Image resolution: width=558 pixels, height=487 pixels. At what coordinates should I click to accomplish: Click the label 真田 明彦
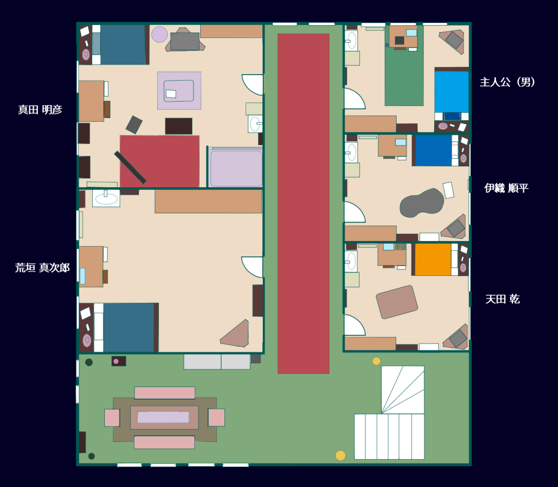click(40, 110)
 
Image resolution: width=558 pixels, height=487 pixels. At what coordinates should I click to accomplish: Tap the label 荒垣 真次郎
click(42, 268)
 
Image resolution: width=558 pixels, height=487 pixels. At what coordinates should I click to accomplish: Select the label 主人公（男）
click(507, 82)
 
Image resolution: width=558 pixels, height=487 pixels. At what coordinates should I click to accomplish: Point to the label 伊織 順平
click(506, 188)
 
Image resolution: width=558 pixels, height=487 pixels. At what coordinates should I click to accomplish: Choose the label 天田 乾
click(502, 299)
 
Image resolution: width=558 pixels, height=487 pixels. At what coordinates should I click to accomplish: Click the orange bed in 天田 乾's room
click(433, 259)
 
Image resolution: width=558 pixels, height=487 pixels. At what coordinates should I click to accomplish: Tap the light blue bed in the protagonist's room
click(451, 92)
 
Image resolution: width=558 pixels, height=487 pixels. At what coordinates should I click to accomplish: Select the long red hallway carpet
click(303, 203)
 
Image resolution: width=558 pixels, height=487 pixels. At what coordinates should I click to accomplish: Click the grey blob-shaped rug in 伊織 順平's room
click(422, 203)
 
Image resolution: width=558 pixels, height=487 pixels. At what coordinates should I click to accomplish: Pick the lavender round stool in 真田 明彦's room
click(159, 34)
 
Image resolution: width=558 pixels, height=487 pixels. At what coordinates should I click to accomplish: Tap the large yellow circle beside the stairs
click(340, 455)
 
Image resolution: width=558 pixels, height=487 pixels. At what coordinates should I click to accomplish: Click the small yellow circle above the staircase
click(376, 361)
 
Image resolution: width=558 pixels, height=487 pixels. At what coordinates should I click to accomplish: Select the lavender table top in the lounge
click(163, 417)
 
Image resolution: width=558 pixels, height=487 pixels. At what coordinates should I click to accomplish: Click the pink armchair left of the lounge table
click(112, 417)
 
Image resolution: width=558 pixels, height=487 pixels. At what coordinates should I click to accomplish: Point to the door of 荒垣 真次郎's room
click(252, 267)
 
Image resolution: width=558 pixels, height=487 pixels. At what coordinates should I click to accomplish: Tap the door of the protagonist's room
click(355, 98)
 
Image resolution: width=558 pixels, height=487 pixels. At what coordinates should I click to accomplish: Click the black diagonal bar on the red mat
click(130, 167)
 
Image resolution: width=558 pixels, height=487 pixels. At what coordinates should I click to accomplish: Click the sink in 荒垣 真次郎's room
click(106, 198)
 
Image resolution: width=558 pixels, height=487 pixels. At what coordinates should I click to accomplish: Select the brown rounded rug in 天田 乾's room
click(397, 302)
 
